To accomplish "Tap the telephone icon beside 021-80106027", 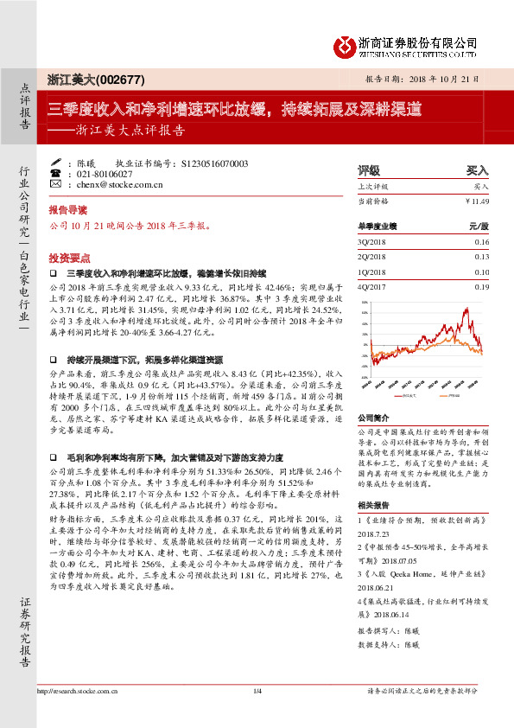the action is pyautogui.click(x=55, y=173).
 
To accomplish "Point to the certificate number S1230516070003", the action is pyautogui.click(x=215, y=163).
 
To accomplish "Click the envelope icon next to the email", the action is pyautogui.click(x=55, y=185).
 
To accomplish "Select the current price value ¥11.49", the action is pyautogui.click(x=477, y=201).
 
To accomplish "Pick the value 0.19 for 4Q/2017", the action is pyautogui.click(x=481, y=286).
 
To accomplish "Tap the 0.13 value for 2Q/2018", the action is pyautogui.click(x=481, y=258).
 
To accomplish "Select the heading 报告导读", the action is pyautogui.click(x=67, y=210).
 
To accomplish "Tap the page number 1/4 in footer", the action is pyautogui.click(x=257, y=715).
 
